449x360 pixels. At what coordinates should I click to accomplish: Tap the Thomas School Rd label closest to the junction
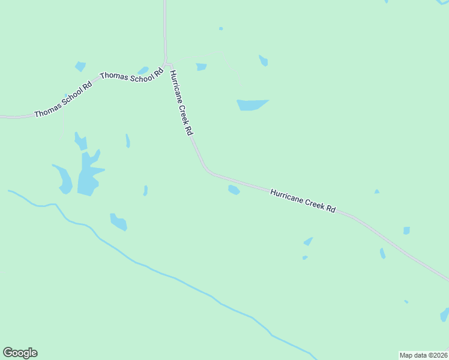click(131, 76)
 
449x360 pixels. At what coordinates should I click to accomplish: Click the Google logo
click(20, 353)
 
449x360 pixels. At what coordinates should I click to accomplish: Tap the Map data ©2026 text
click(423, 355)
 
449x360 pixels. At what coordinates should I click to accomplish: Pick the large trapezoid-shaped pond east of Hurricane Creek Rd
click(251, 105)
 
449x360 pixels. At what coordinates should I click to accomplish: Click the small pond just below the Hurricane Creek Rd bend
click(234, 190)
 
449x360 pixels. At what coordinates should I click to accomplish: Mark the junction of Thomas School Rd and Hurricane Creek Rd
click(166, 64)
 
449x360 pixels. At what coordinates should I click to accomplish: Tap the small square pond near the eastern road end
click(406, 230)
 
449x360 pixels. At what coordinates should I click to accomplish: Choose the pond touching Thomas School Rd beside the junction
click(143, 70)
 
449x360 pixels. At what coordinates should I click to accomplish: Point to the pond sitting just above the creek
click(118, 222)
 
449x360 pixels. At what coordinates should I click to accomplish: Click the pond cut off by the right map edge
click(445, 314)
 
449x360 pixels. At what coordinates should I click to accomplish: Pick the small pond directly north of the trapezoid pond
click(263, 61)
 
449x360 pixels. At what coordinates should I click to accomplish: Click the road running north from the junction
click(164, 30)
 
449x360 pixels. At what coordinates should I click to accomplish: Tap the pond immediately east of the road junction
click(201, 67)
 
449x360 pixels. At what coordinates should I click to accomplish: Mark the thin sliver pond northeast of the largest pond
click(127, 141)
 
